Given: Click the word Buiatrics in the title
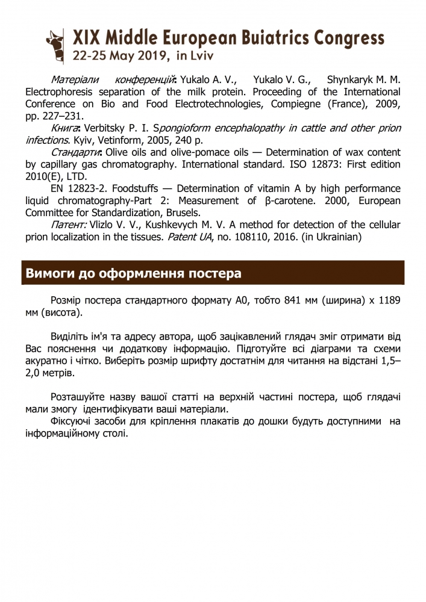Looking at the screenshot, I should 266,39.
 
